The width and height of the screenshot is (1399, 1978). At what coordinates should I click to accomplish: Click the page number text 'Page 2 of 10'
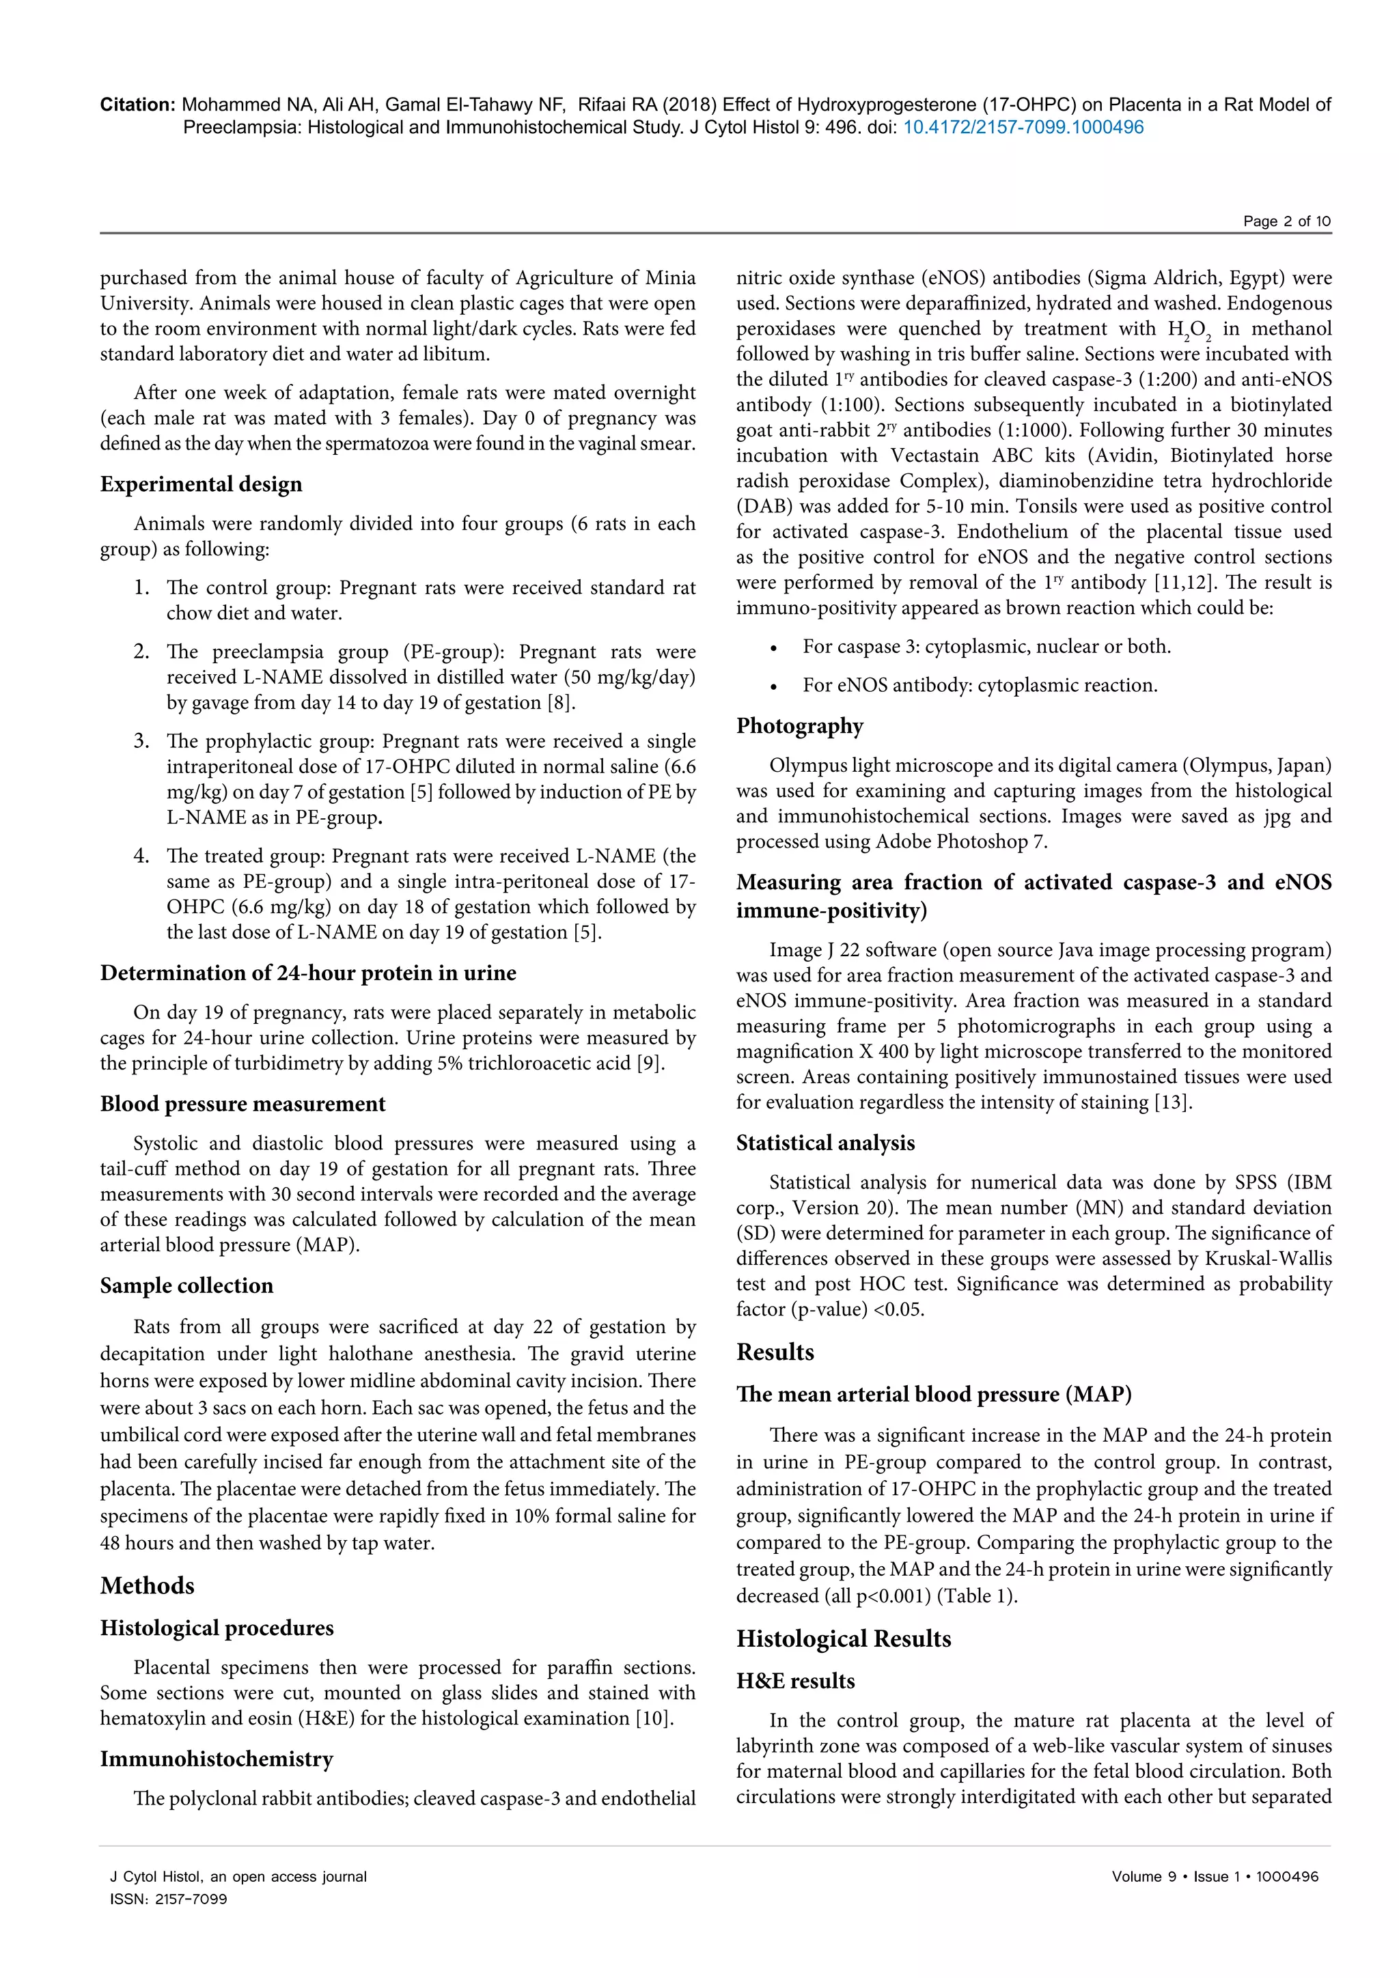coord(1286,221)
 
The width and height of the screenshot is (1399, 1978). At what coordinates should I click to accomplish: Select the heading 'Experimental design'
coord(201,484)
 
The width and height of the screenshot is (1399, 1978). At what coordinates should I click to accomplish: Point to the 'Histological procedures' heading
coord(217,1628)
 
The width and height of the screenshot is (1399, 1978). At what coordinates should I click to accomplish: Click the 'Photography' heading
coord(799,725)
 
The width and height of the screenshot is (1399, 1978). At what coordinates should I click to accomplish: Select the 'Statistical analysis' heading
coord(825,1143)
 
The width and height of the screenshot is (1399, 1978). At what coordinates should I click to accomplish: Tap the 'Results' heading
coord(775,1352)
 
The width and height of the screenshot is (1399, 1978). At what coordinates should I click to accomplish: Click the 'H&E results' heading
coord(795,1681)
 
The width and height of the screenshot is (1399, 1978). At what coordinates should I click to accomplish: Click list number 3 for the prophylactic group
coord(141,741)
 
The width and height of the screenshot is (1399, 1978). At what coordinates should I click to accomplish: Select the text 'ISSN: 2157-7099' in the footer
coord(168,1899)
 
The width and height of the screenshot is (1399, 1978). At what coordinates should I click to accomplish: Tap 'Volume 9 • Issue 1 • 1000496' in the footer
coord(1215,1876)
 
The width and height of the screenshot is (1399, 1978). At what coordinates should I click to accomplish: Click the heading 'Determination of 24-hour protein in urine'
coord(307,973)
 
